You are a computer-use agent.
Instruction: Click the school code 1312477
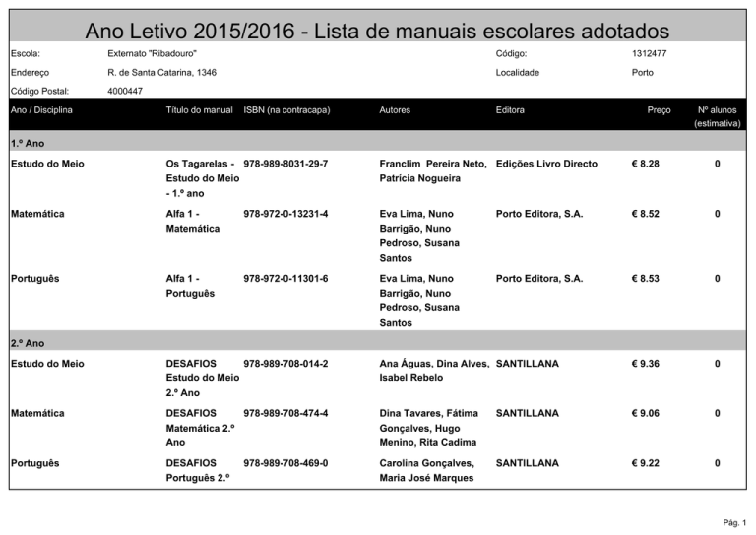(649, 53)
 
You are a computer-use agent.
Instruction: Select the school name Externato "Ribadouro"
(152, 53)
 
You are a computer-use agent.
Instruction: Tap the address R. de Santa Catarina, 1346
(162, 73)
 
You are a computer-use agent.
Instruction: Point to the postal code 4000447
(126, 91)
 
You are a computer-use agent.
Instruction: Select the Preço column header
(659, 110)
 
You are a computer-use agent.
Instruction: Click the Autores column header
(395, 110)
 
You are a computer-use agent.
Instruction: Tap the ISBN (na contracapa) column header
(285, 110)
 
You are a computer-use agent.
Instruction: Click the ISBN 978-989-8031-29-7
(285, 164)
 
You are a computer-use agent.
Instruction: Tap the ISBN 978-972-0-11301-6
(285, 279)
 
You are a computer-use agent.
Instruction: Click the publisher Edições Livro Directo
(547, 164)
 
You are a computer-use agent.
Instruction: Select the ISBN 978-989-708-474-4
(285, 414)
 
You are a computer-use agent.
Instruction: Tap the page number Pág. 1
(732, 522)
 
